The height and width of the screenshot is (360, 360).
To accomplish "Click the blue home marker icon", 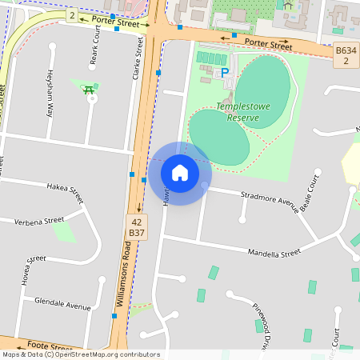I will (x=180, y=173).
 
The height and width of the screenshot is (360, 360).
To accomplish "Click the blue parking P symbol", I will (x=225, y=72).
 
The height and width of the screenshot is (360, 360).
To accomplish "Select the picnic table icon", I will (x=88, y=90).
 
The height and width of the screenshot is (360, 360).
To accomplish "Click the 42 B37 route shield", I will (x=137, y=226).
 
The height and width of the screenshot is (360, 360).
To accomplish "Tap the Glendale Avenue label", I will (x=63, y=305).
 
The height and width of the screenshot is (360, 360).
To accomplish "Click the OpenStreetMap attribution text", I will (x=81, y=354).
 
